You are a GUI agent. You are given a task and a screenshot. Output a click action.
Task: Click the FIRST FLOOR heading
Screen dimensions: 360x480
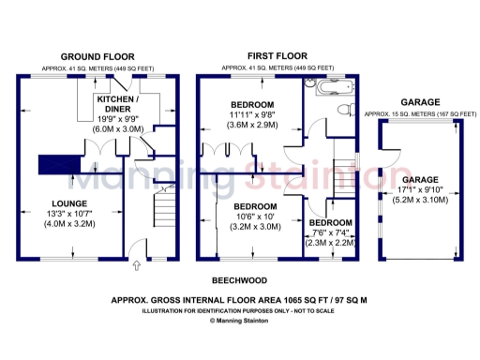click(277, 56)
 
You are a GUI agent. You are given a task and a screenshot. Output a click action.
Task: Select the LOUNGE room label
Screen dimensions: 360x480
click(70, 203)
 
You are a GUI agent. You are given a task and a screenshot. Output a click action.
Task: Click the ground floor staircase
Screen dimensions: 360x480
click(165, 202)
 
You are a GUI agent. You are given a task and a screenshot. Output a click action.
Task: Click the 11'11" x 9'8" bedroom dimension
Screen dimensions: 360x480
click(253, 114)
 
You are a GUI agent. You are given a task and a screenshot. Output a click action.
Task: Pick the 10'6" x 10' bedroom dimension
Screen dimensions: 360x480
click(254, 217)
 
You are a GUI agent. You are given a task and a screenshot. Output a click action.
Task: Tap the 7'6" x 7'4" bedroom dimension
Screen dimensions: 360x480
click(328, 232)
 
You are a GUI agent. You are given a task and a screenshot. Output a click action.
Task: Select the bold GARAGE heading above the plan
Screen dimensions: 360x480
click(420, 101)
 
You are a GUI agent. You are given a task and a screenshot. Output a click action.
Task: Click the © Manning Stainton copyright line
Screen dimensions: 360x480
click(240, 321)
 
